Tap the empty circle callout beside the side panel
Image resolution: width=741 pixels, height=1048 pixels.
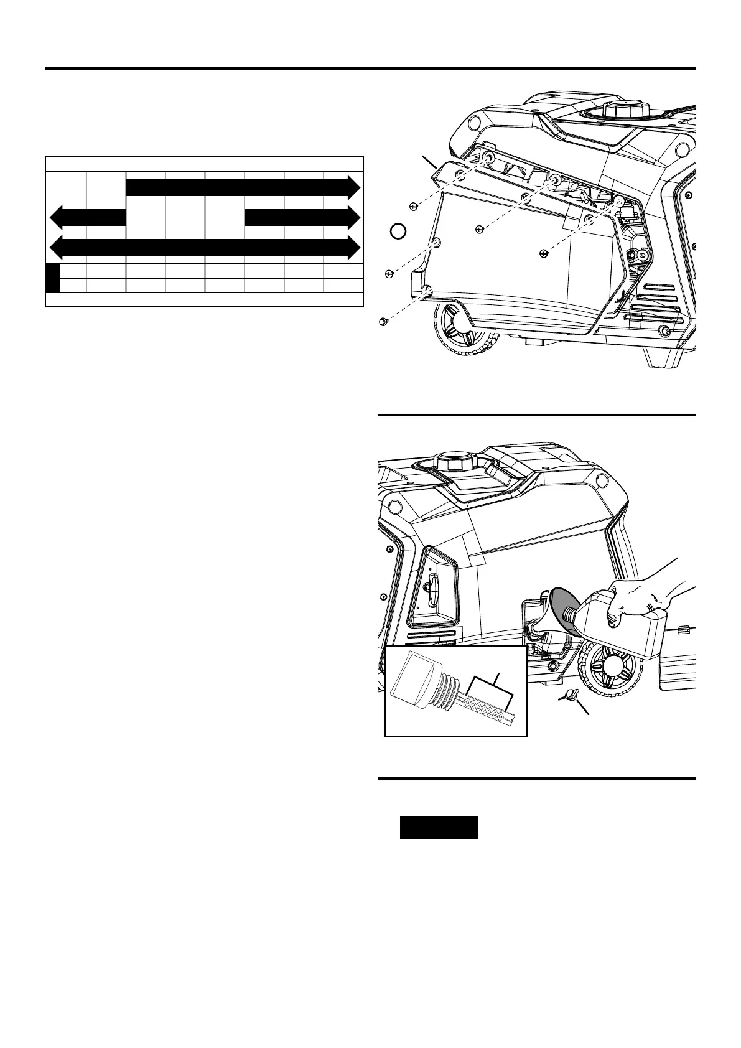tap(398, 232)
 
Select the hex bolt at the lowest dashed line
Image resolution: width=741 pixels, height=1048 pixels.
tap(384, 321)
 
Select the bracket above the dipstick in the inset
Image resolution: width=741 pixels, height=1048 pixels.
tap(491, 688)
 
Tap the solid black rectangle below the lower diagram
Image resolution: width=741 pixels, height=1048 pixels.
tap(439, 828)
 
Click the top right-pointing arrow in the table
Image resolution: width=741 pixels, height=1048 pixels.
tap(243, 187)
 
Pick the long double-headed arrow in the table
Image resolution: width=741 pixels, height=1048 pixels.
tap(205, 247)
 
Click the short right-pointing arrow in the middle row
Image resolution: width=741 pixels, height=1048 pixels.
tap(302, 217)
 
